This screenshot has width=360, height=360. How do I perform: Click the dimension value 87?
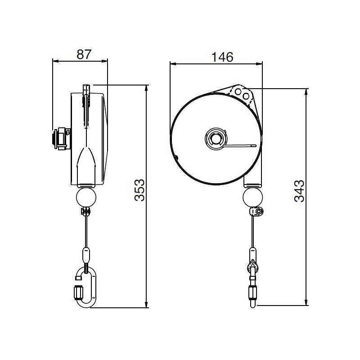(84, 54)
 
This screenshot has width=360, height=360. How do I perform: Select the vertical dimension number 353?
(140, 190)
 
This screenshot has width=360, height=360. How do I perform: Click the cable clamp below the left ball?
(86, 211)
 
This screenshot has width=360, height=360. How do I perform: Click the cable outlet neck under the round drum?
(252, 181)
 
